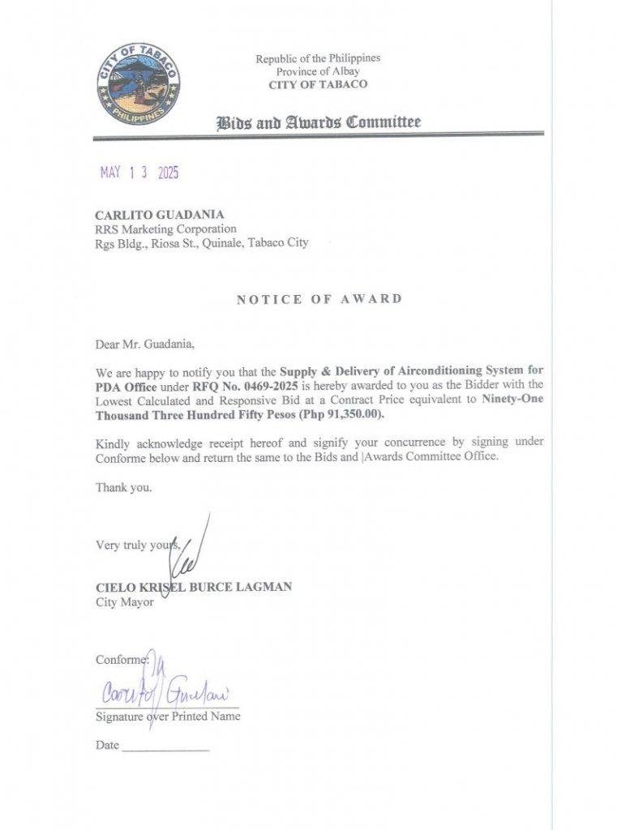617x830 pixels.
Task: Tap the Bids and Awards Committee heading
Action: click(318, 123)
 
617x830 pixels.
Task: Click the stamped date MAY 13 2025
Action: click(139, 173)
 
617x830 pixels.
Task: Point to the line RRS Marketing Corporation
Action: click(166, 229)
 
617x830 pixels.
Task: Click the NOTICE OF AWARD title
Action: click(319, 299)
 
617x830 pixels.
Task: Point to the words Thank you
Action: click(124, 488)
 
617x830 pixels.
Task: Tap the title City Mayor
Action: click(125, 602)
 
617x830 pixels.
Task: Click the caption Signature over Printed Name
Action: click(168, 717)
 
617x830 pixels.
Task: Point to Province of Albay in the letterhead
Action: click(318, 71)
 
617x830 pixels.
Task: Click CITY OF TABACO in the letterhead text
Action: click(318, 84)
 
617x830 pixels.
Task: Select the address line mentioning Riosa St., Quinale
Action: click(202, 242)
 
